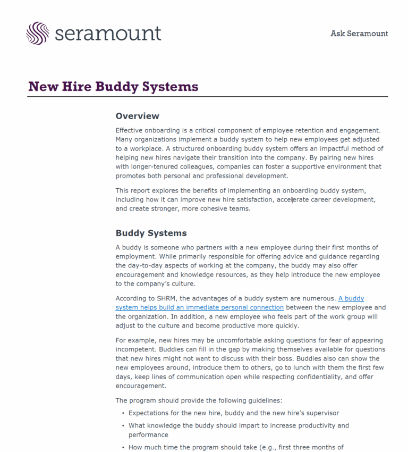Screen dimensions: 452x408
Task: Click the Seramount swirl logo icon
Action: tap(38, 33)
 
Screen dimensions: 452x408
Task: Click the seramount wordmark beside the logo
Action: tap(108, 34)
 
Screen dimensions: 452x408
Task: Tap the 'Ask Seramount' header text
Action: tap(359, 34)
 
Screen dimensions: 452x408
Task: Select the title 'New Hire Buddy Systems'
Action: tap(113, 87)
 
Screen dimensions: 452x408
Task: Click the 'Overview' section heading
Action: tap(137, 116)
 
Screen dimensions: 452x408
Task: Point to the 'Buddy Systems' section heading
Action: tap(151, 233)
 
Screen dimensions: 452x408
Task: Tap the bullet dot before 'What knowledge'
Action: tap(123, 425)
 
